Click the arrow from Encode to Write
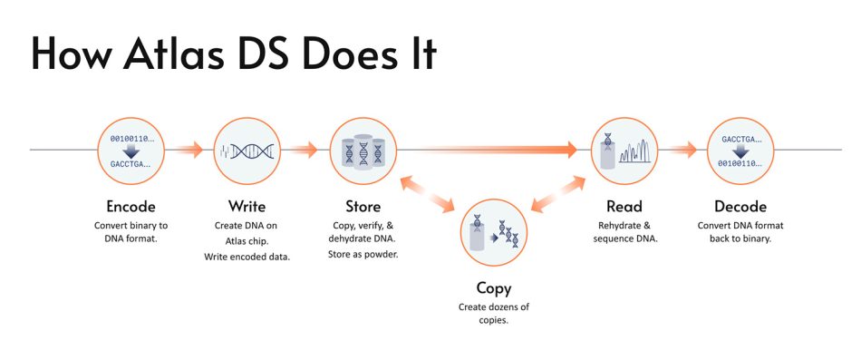(x=185, y=149)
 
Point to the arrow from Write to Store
(x=300, y=149)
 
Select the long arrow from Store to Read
(x=488, y=149)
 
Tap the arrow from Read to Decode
(x=678, y=149)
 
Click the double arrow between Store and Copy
(x=428, y=194)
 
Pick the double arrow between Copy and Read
(x=558, y=194)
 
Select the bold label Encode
(x=131, y=207)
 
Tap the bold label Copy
(x=494, y=288)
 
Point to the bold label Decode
(x=740, y=207)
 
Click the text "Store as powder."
(x=363, y=255)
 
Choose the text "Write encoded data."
(x=247, y=256)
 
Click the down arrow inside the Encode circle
(x=131, y=151)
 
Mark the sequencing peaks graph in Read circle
(x=634, y=151)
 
